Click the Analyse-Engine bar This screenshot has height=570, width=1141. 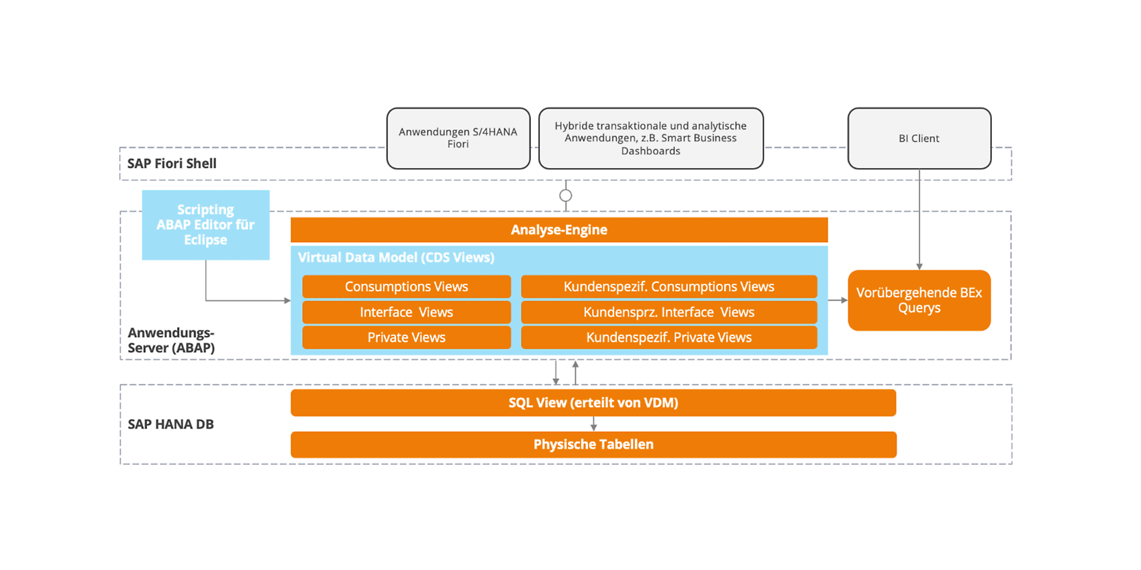(559, 229)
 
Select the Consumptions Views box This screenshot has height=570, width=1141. (407, 286)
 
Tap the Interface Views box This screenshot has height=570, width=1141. (407, 312)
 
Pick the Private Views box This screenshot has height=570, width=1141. (407, 337)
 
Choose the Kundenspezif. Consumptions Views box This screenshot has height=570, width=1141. (668, 286)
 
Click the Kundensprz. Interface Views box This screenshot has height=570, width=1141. (668, 312)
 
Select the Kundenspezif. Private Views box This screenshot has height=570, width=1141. (668, 337)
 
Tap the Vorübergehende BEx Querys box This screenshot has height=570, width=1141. (919, 300)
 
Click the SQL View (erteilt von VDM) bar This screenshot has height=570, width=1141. (593, 402)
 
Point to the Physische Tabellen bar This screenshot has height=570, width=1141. (593, 445)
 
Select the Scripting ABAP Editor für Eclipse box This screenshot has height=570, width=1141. (206, 225)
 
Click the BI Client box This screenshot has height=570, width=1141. (920, 138)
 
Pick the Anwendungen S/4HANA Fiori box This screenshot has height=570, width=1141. (458, 138)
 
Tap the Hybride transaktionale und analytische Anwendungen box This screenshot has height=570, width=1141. (651, 138)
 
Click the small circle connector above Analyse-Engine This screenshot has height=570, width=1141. (565, 195)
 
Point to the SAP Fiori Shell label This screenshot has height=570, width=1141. (172, 164)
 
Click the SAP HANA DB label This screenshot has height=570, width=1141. (170, 424)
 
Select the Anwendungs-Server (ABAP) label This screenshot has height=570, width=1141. (171, 340)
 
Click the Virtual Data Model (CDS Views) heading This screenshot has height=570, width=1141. (396, 258)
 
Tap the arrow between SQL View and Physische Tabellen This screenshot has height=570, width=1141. (593, 424)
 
